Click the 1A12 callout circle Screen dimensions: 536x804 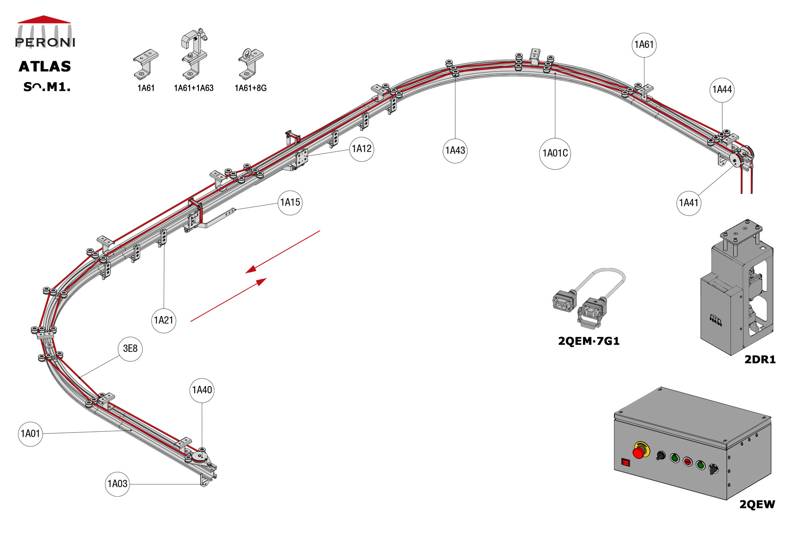[361, 149]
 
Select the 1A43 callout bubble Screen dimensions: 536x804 [455, 151]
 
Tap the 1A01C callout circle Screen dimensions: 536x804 [555, 154]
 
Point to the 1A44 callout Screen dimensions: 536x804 [722, 90]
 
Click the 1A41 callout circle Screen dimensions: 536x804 [688, 203]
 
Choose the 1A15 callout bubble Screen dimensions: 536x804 [290, 203]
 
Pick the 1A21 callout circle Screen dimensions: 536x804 [163, 321]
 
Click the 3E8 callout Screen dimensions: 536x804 [130, 349]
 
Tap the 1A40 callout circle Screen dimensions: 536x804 [202, 390]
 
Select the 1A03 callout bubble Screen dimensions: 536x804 [117, 484]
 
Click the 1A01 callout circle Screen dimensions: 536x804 [30, 434]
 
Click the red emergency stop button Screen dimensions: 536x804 [639, 452]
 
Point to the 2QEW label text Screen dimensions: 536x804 [757, 505]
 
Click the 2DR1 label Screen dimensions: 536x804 [760, 360]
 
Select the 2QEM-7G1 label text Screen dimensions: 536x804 [588, 341]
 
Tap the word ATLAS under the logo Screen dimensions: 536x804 [45, 67]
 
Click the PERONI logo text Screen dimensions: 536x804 [45, 42]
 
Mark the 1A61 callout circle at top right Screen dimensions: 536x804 [644, 45]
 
